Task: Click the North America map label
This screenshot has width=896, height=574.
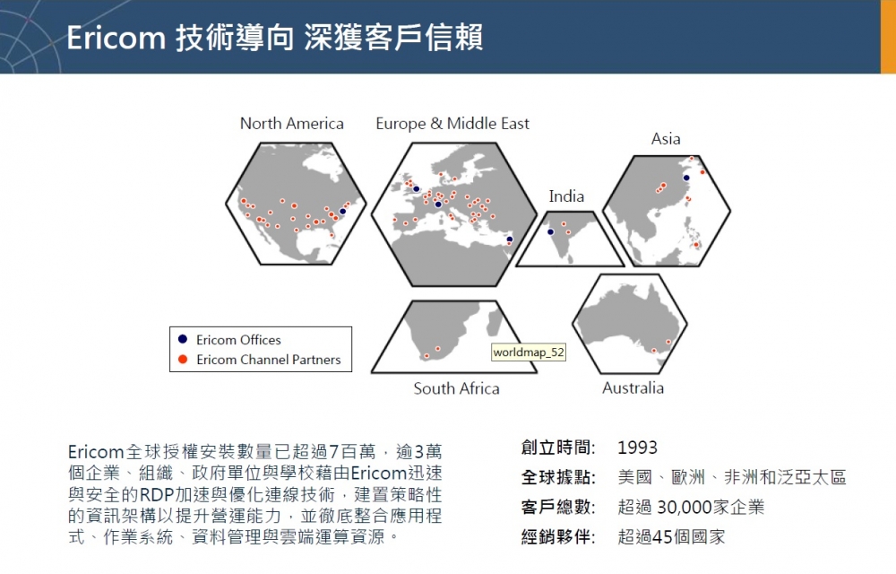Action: pyautogui.click(x=291, y=124)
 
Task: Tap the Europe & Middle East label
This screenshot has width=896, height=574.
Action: pyautogui.click(x=452, y=124)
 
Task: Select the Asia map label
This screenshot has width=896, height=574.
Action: pyautogui.click(x=666, y=139)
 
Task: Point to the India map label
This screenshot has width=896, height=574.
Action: pyautogui.click(x=566, y=196)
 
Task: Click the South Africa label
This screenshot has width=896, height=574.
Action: pyautogui.click(x=456, y=388)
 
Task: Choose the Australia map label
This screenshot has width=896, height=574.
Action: pyautogui.click(x=633, y=388)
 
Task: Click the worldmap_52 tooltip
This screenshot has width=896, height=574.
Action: pyautogui.click(x=529, y=352)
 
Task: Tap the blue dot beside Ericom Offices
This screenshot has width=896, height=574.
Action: pyautogui.click(x=183, y=339)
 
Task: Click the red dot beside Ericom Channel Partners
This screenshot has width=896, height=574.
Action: pyautogui.click(x=183, y=359)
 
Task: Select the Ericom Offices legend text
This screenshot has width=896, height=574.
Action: pyautogui.click(x=238, y=340)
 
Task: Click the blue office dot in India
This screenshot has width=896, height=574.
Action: pyautogui.click(x=551, y=232)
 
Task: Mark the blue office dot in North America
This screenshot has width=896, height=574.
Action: pyautogui.click(x=343, y=212)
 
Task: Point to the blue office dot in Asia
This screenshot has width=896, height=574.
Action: pyautogui.click(x=686, y=178)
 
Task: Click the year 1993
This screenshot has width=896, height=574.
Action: pyautogui.click(x=637, y=447)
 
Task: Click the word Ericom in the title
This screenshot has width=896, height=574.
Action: pyautogui.click(x=116, y=39)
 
